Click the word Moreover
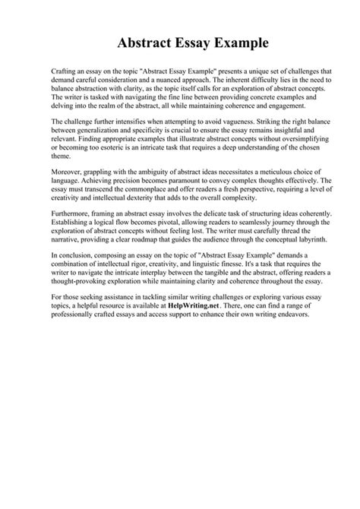65,172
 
